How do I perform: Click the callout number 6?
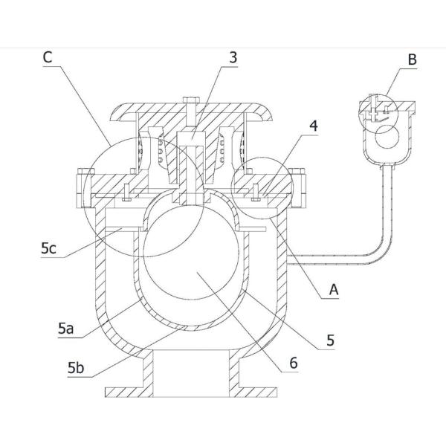294,363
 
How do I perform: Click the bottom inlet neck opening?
191,372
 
